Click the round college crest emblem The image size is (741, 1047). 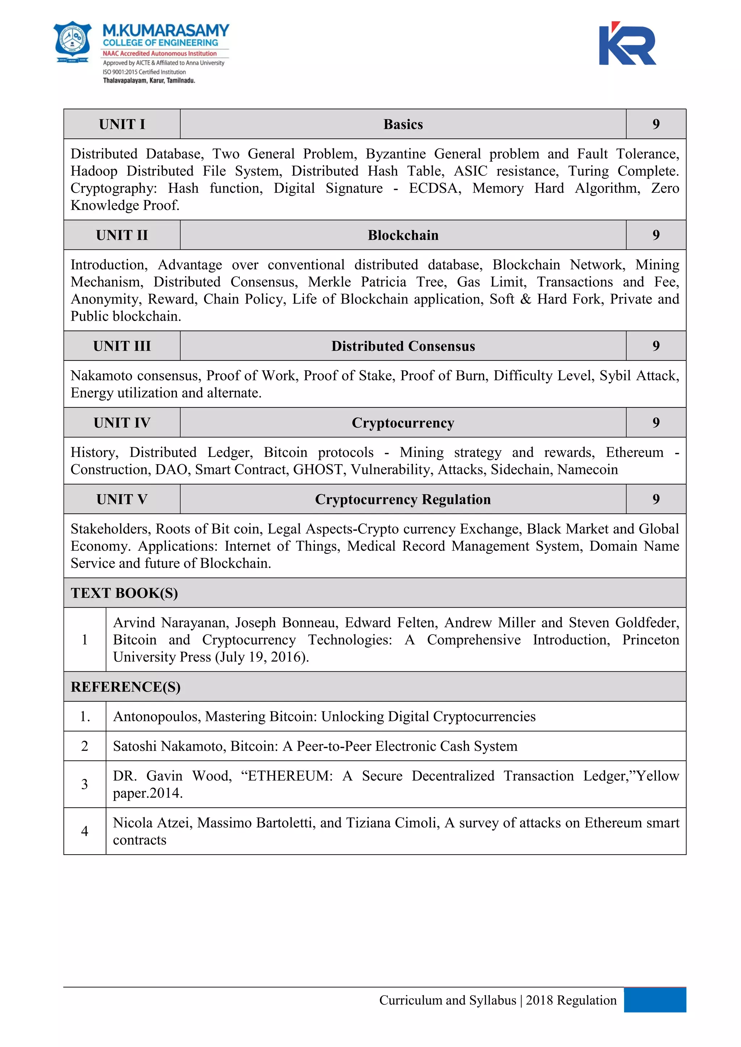pos(73,42)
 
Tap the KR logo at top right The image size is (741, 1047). pos(627,44)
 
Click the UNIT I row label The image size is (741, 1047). pos(122,124)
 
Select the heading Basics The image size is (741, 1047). pos(403,124)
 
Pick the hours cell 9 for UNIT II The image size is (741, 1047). pos(656,235)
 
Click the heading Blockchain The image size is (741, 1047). pos(403,235)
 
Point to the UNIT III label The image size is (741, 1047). pos(122,346)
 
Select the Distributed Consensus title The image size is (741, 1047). pos(403,346)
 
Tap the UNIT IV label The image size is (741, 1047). pos(122,423)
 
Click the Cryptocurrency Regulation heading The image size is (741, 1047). pos(403,499)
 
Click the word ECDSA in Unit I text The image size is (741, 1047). pos(434,188)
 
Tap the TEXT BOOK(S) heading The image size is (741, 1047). pos(124,593)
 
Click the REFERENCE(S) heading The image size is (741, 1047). pos(126,687)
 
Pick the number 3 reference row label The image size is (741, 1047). pos(84,784)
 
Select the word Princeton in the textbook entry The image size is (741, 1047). pos(650,640)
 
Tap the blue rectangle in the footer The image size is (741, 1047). pos(655,1000)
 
